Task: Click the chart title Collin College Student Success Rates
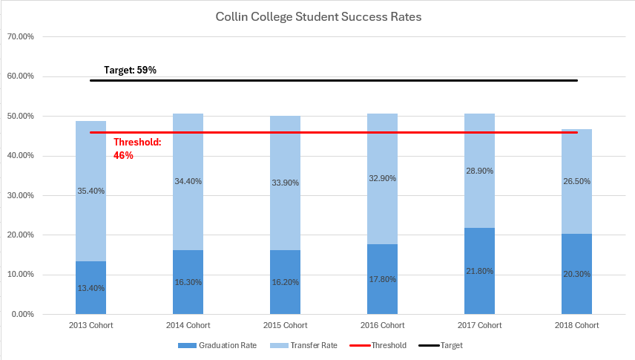tap(318, 16)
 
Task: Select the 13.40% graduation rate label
tap(91, 289)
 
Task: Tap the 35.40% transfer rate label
tap(91, 191)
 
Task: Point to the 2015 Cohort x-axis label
tap(286, 326)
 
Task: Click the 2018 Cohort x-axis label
tap(576, 326)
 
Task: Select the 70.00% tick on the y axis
tap(21, 36)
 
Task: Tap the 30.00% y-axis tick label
tap(21, 195)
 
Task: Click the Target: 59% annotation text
tap(130, 71)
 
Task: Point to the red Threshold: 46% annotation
tap(137, 148)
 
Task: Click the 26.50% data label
tap(576, 180)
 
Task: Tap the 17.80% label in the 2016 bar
tap(382, 279)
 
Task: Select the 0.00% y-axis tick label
tap(23, 314)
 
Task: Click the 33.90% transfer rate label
tap(286, 183)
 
